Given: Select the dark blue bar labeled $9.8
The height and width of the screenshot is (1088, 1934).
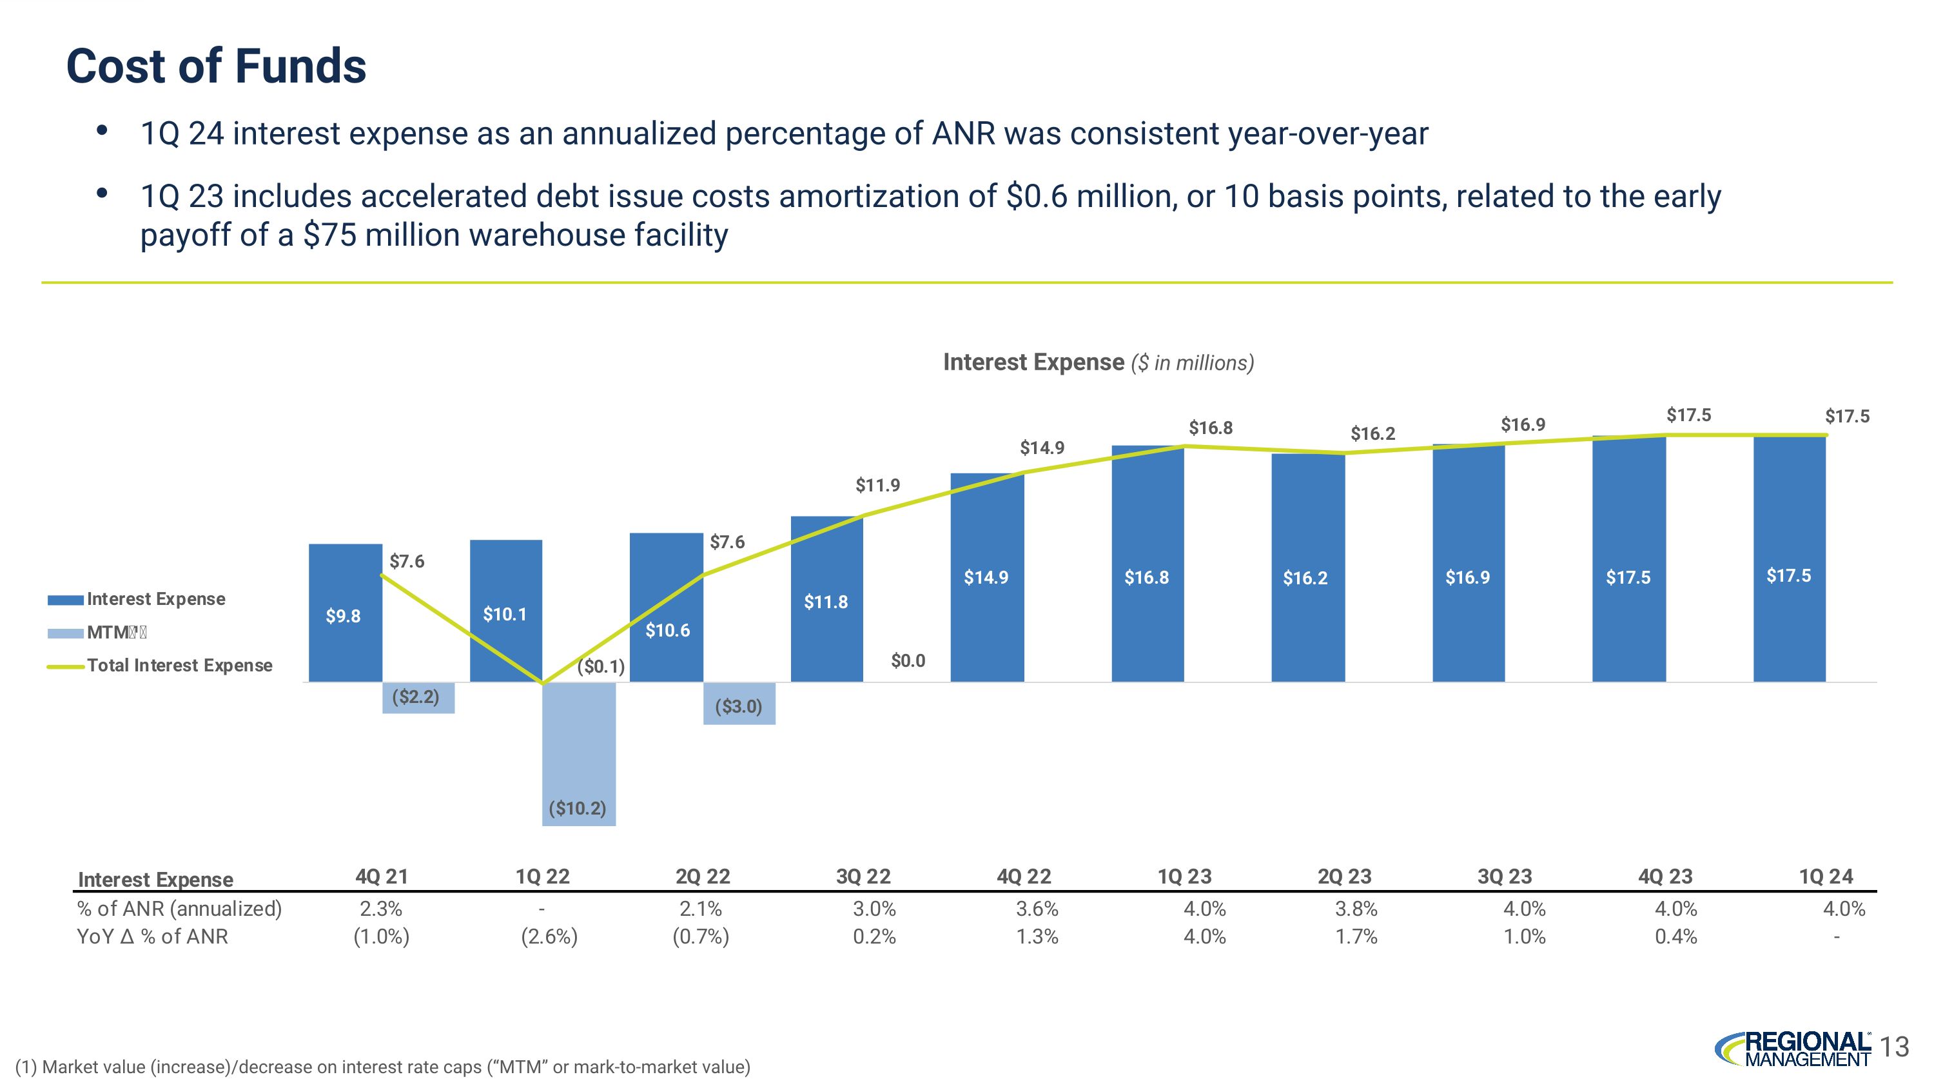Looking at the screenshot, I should click(x=345, y=612).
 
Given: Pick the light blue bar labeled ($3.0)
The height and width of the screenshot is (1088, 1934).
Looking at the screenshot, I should click(x=739, y=703).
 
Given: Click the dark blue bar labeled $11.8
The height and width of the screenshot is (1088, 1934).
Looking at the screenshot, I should click(x=826, y=598).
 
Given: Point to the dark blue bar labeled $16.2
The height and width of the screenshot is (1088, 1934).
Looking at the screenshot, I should click(x=1307, y=568).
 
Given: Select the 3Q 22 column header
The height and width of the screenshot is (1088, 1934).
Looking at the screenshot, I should click(x=863, y=876).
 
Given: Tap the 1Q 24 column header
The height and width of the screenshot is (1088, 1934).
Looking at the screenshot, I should click(x=1825, y=876).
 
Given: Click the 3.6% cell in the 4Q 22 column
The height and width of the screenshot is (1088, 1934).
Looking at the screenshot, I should click(x=1037, y=909).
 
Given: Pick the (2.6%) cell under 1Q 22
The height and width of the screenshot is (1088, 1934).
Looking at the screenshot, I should click(x=549, y=937).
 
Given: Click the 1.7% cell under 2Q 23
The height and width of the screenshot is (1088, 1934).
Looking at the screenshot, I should click(x=1356, y=937).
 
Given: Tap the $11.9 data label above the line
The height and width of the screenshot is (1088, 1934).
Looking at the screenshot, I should click(x=877, y=485).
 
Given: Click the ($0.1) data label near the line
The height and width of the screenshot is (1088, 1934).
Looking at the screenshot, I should click(x=601, y=666).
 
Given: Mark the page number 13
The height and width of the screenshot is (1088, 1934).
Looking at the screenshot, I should click(x=1895, y=1047).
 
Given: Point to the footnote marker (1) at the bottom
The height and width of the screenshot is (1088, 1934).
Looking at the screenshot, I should click(x=26, y=1067).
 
